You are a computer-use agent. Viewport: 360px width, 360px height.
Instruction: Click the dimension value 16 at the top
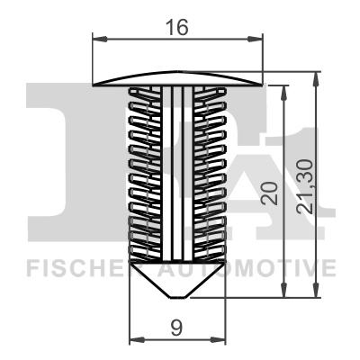[x=177, y=27]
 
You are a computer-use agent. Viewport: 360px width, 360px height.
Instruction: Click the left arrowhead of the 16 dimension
[x=99, y=39]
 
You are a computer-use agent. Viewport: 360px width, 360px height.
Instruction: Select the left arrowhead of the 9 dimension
[x=136, y=340]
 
